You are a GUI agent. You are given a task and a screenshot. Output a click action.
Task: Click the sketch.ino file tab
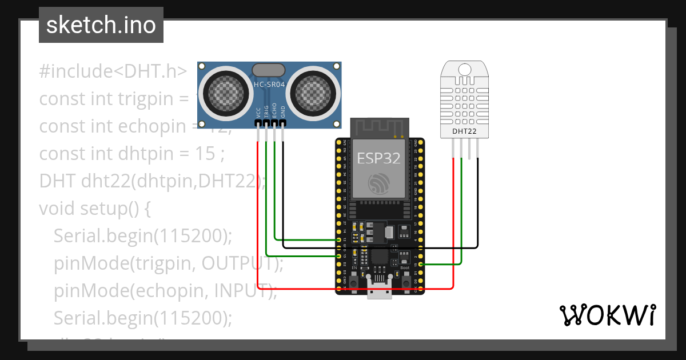tap(101, 25)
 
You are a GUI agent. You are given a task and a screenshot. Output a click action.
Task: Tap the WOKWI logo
tap(607, 315)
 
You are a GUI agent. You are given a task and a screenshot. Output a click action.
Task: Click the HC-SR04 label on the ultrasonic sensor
tap(269, 85)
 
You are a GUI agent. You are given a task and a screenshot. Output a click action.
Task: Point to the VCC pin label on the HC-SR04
tap(258, 112)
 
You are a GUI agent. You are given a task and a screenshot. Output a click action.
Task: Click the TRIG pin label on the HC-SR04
tap(266, 111)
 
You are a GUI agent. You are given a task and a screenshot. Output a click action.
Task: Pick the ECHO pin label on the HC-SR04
tap(274, 111)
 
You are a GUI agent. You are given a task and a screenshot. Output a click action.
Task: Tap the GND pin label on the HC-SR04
tap(282, 112)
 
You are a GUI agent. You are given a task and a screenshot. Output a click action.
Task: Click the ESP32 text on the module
tap(378, 158)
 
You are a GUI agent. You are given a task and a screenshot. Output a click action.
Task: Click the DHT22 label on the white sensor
tap(464, 131)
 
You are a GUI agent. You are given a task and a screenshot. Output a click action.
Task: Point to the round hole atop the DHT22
tap(465, 69)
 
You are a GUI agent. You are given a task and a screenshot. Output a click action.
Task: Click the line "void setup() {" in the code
tap(94, 209)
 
